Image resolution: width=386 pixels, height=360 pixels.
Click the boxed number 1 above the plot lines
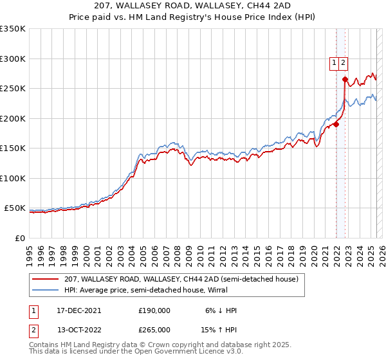click(x=335, y=63)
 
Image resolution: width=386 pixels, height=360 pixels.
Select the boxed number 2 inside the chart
click(x=344, y=63)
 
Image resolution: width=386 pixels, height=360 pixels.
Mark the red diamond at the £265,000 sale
click(x=345, y=80)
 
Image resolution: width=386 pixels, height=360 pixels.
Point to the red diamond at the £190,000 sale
click(x=336, y=125)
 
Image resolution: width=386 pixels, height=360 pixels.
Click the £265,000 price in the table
click(x=154, y=329)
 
